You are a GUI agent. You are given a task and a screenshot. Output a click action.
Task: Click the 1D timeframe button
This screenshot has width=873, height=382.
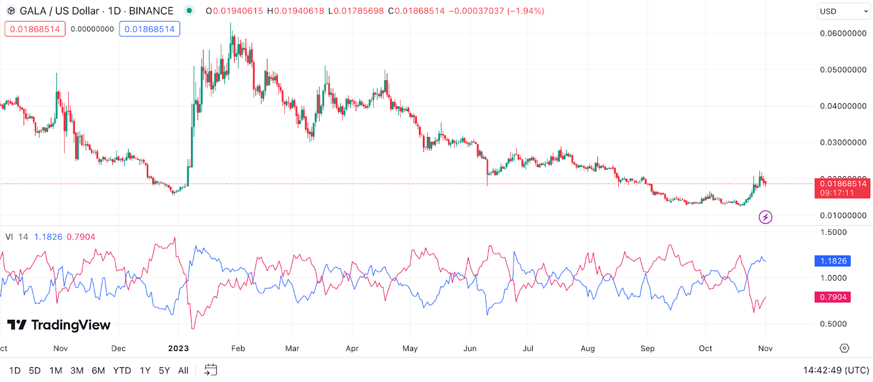pyautogui.click(x=15, y=371)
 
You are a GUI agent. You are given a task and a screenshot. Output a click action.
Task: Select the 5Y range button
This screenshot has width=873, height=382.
pyautogui.click(x=164, y=371)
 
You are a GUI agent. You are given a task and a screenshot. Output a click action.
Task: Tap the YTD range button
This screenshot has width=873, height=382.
pyautogui.click(x=122, y=371)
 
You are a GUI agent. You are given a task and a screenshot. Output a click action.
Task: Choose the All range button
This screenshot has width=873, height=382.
pyautogui.click(x=183, y=371)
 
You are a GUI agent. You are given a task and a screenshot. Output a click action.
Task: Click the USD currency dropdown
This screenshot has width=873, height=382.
pyautogui.click(x=843, y=11)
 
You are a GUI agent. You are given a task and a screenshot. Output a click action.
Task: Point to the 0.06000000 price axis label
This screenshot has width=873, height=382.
pyautogui.click(x=843, y=33)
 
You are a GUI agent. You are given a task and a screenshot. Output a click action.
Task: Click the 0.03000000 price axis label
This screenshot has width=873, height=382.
pyautogui.click(x=843, y=142)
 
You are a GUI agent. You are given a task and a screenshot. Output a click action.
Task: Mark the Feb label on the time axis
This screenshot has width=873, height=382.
pyautogui.click(x=238, y=348)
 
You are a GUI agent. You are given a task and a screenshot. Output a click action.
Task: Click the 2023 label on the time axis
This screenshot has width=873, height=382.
pyautogui.click(x=178, y=348)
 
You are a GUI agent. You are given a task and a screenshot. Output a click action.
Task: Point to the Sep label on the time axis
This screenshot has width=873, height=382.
pyautogui.click(x=647, y=348)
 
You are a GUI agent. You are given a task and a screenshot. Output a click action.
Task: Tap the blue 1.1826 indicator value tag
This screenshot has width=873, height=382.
pyautogui.click(x=833, y=261)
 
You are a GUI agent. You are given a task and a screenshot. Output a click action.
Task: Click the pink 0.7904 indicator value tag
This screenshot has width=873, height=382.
pyautogui.click(x=833, y=297)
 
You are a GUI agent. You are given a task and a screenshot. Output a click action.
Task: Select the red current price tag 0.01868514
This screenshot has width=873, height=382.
pyautogui.click(x=842, y=188)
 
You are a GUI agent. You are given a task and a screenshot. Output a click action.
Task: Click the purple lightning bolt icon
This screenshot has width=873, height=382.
pyautogui.click(x=766, y=217)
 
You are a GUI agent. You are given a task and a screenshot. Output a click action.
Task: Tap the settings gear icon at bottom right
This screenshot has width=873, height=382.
pyautogui.click(x=844, y=348)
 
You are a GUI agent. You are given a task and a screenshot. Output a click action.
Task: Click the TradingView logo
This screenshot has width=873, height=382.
pyautogui.click(x=59, y=325)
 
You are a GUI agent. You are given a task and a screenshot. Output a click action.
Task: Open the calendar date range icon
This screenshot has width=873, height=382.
pyautogui.click(x=211, y=370)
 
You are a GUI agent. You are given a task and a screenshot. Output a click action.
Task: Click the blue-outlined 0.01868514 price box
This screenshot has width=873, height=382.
pyautogui.click(x=150, y=29)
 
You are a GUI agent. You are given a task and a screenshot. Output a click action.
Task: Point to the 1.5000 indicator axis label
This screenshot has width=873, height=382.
pyautogui.click(x=833, y=232)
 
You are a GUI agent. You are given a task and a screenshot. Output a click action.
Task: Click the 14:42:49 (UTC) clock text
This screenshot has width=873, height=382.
pyautogui.click(x=835, y=371)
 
